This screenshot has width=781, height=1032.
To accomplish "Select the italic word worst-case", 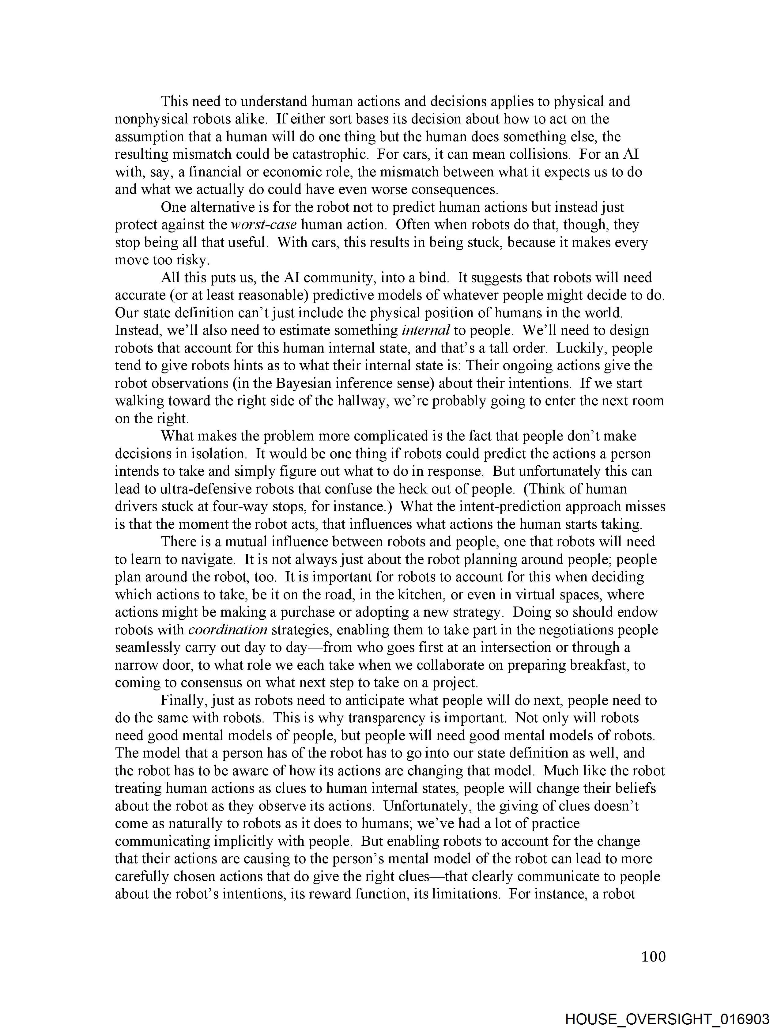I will (x=264, y=225).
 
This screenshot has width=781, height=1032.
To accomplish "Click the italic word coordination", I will (x=228, y=630).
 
